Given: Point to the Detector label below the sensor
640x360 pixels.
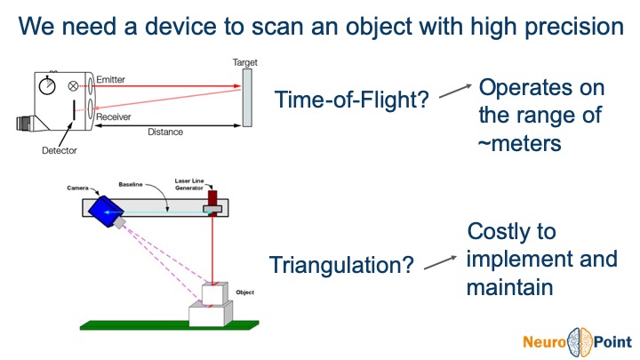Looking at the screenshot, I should tap(59, 150).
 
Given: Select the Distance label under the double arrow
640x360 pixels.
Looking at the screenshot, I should tap(165, 132).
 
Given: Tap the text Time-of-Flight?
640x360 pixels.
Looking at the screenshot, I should tap(353, 100).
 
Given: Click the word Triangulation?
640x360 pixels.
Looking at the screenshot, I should tap(341, 265).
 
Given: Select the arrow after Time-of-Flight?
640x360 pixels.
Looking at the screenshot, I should tap(455, 90).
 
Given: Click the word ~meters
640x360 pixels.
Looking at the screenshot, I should tap(520, 142).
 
